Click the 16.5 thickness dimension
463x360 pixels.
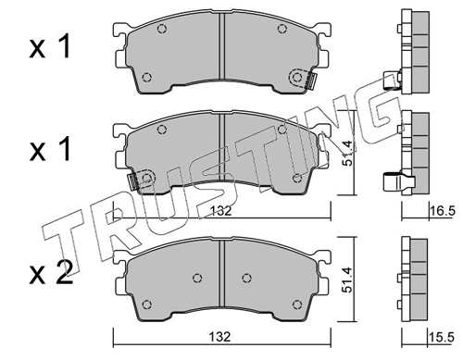[443, 211]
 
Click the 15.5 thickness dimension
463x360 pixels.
[443, 338]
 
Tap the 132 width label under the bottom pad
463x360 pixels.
[220, 337]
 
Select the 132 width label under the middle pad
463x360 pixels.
[220, 211]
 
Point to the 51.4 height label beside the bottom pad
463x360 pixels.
[348, 280]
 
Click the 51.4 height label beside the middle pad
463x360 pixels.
[348, 154]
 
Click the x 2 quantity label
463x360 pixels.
[51, 272]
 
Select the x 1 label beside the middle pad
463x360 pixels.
[50, 149]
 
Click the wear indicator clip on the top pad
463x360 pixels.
[310, 81]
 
